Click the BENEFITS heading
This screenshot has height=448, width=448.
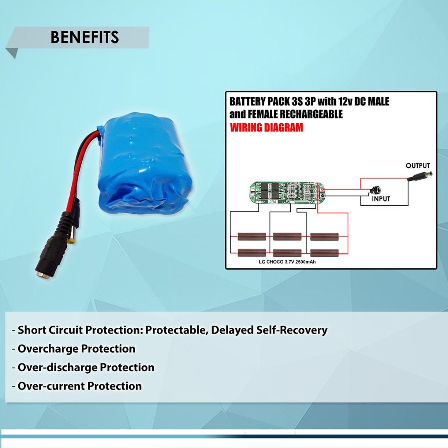click(x=85, y=37)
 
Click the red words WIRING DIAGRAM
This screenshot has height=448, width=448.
click(x=266, y=127)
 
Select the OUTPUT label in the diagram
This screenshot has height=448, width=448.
click(x=418, y=166)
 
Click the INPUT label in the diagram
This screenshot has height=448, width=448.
click(x=381, y=199)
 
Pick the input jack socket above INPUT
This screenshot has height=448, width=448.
click(x=375, y=190)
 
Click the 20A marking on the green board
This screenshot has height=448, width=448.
click(x=273, y=202)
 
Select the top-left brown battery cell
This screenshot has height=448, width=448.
click(x=252, y=236)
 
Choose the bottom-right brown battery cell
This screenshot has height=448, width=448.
click(x=324, y=253)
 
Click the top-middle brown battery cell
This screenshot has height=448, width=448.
click(x=287, y=236)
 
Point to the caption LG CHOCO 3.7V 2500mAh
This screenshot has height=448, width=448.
click(x=287, y=262)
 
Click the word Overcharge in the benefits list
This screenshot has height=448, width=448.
click(x=48, y=349)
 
